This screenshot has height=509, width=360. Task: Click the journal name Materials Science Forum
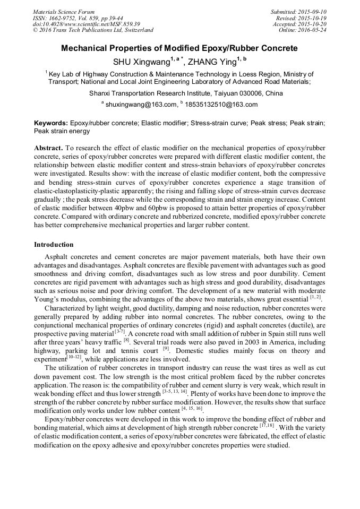tap(64, 12)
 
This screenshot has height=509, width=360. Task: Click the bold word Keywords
tap(50, 123)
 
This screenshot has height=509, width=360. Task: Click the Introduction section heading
tap(54, 245)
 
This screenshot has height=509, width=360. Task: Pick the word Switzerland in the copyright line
tap(135, 30)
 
